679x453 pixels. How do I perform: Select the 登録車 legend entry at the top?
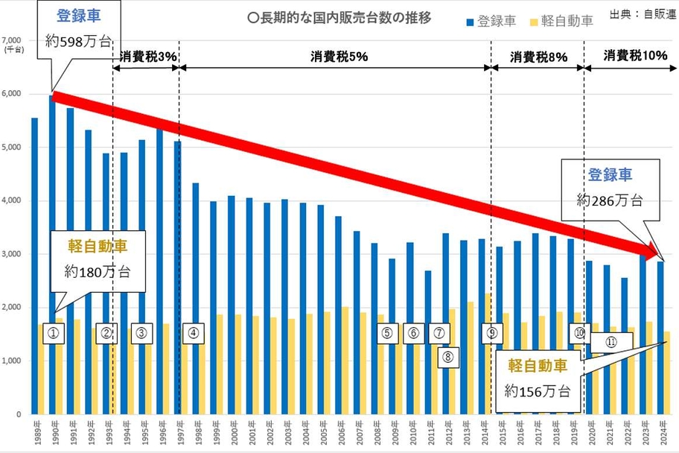click(x=491, y=21)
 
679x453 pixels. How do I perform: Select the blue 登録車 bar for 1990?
click(x=52, y=253)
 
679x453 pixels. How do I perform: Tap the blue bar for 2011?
click(x=427, y=343)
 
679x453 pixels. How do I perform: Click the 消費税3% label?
click(x=145, y=57)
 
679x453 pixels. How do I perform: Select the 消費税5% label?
click(x=336, y=57)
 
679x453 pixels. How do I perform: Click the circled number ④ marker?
click(x=193, y=334)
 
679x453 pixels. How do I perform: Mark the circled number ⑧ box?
click(x=447, y=356)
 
